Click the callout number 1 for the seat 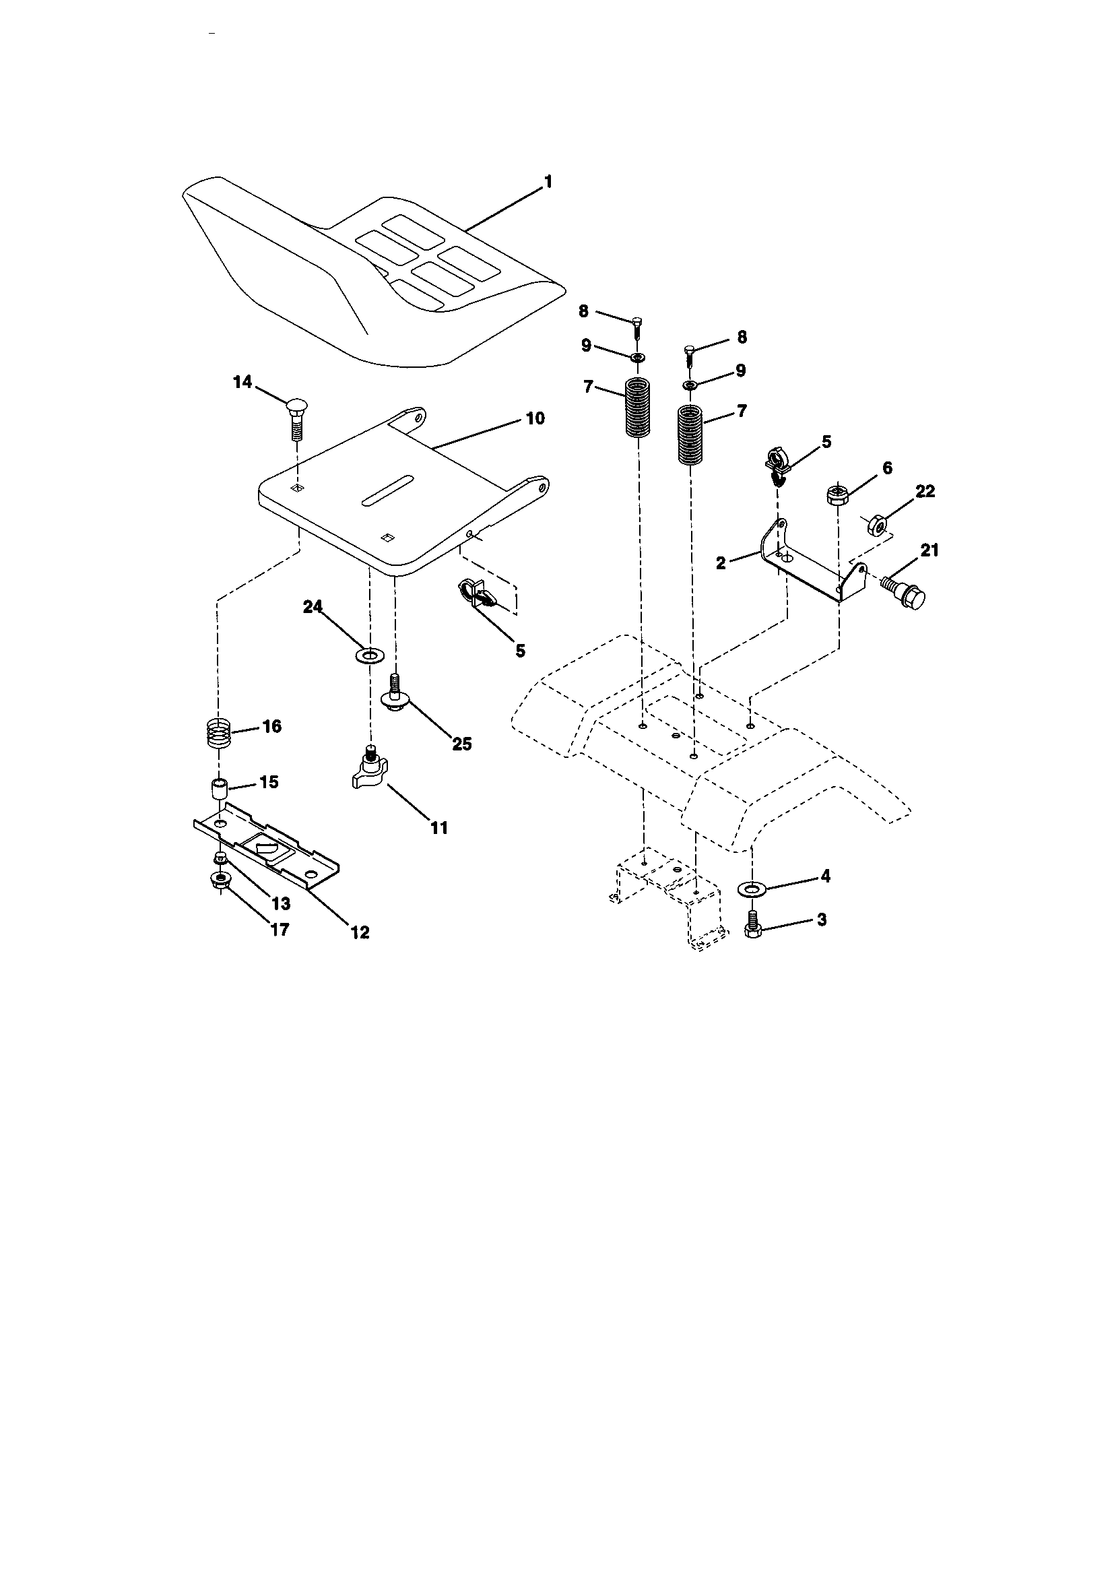[x=548, y=182]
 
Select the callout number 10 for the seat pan [x=535, y=418]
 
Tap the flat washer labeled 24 [x=370, y=654]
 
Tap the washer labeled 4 [x=751, y=890]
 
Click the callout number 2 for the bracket [x=720, y=563]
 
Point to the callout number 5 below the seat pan [x=520, y=650]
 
